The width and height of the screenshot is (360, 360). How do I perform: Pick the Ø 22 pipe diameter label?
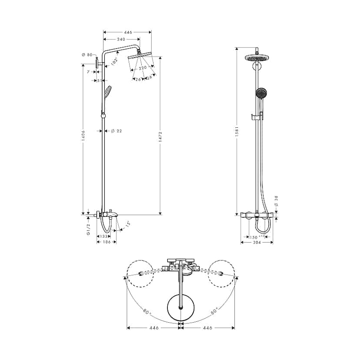116,131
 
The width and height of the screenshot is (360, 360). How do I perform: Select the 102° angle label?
114,61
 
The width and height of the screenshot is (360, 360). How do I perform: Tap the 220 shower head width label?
142,68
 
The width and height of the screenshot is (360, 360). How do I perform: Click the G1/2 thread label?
88,229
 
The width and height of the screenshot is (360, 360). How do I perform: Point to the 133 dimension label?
103,236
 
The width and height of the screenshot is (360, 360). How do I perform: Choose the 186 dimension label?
106,243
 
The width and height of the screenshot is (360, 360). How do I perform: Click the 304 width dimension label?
257,243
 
